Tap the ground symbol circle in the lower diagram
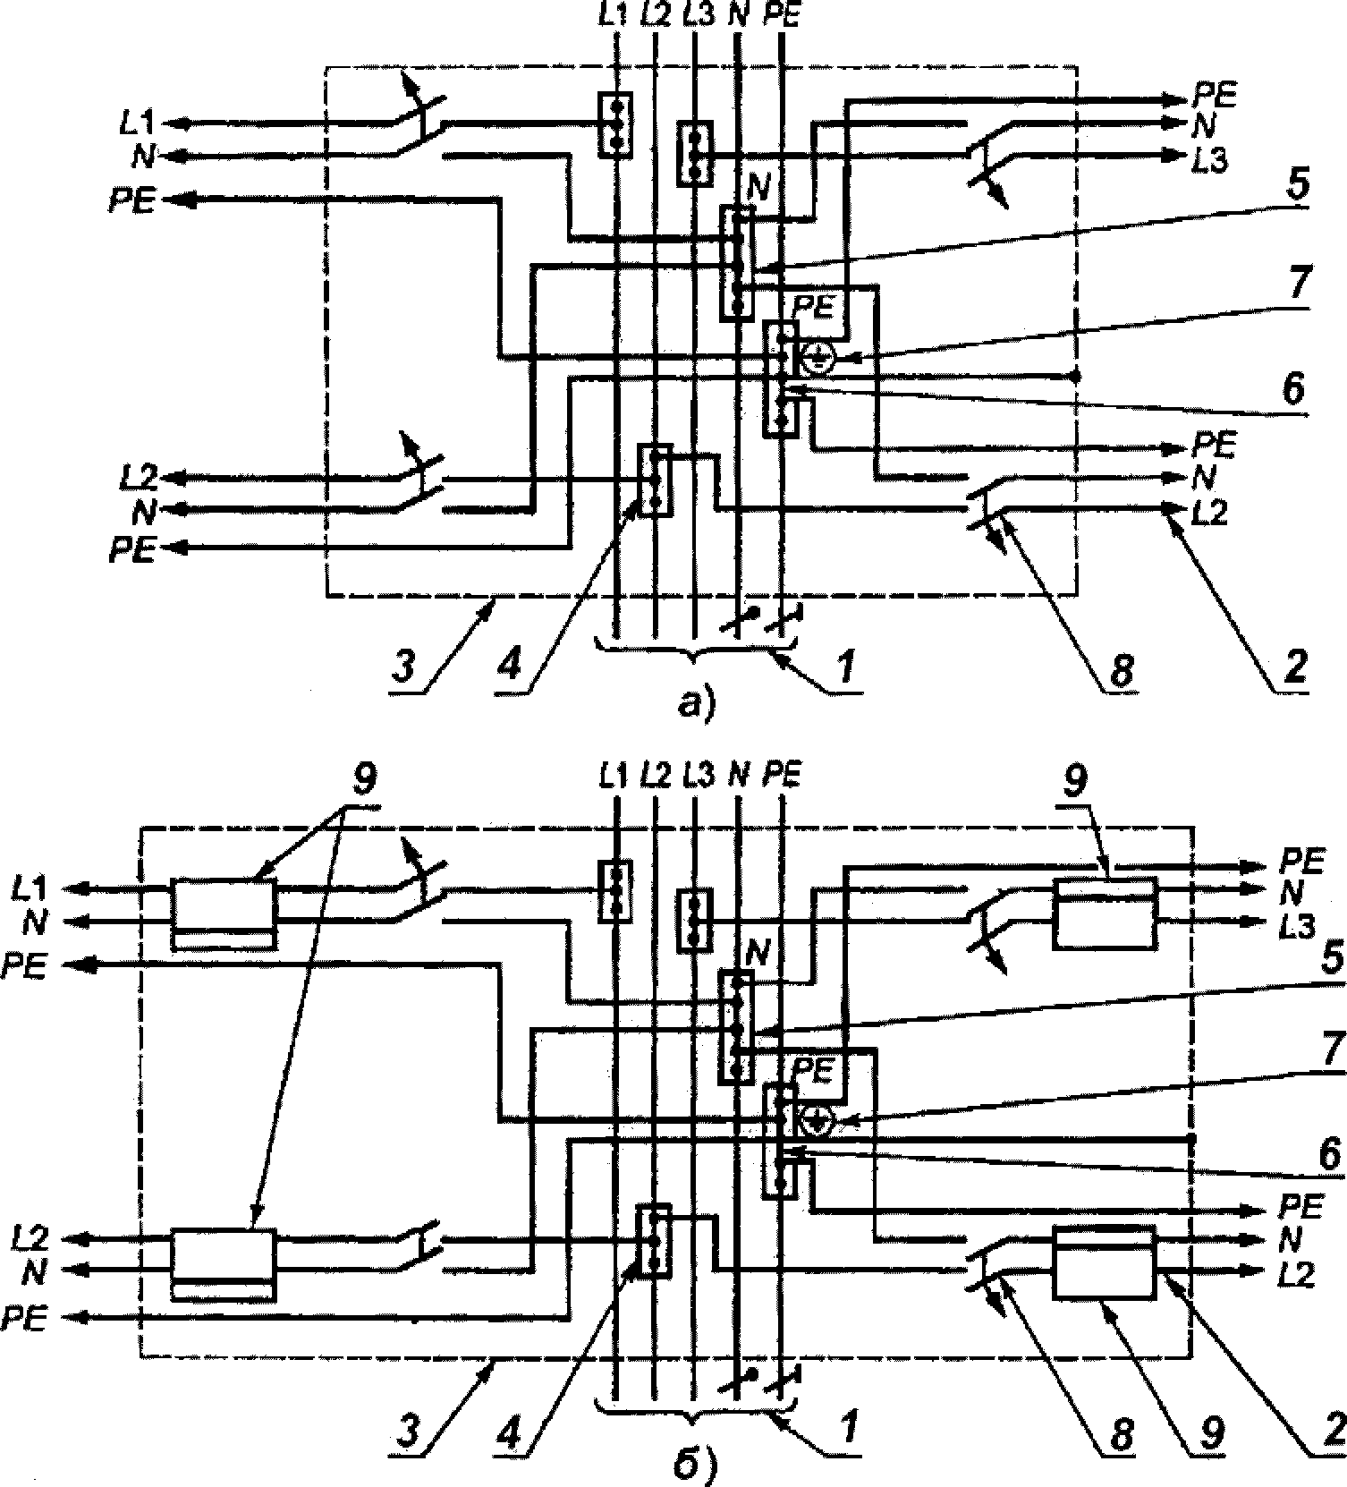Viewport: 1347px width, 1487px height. (817, 1118)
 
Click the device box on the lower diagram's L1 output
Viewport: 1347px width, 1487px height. (224, 913)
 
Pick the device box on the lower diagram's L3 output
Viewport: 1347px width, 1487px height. (1106, 913)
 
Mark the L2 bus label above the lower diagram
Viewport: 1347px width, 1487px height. (655, 776)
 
